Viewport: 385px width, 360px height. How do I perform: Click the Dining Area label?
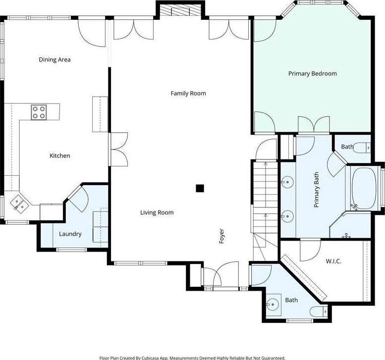(55, 59)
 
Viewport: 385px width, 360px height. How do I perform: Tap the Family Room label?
(188, 93)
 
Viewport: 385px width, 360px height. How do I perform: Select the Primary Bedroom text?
(313, 73)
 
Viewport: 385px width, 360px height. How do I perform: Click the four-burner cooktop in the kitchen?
(39, 112)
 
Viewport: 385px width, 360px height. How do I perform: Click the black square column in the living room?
(200, 188)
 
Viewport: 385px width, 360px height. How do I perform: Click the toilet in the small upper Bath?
(363, 148)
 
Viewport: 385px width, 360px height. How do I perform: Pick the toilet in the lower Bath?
(319, 311)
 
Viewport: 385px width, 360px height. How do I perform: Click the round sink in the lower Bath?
(273, 305)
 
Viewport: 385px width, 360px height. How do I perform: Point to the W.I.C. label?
(333, 261)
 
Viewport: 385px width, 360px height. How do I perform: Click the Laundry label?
(70, 234)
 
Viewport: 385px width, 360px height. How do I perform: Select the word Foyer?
(221, 236)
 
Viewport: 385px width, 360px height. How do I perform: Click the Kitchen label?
(60, 155)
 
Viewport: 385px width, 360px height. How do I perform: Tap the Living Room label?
(157, 212)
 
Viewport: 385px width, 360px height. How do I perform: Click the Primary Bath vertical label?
(316, 190)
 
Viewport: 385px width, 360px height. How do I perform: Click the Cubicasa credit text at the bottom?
(192, 358)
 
